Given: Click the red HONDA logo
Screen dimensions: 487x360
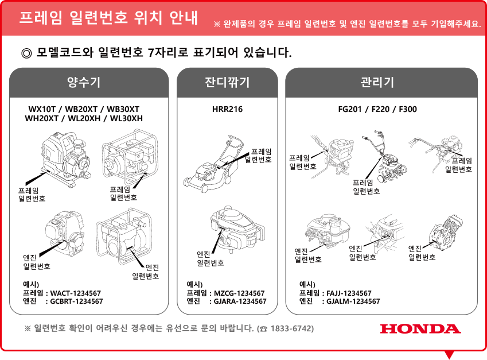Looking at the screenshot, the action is tap(420, 328).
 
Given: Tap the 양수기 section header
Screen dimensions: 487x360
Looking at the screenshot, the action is tap(84, 82).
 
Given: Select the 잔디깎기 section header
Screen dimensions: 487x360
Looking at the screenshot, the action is tap(227, 82).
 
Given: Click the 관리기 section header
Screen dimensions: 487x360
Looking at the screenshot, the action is tap(377, 82).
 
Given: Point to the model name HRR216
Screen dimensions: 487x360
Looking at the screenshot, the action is tap(227, 110).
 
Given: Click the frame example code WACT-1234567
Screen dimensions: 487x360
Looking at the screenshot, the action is tap(76, 293).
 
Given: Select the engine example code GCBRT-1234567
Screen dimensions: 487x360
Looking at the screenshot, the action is tap(76, 301).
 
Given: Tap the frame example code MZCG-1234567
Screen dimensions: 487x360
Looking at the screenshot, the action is tap(239, 293).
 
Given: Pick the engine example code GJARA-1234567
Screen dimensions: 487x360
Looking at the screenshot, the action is tap(240, 301).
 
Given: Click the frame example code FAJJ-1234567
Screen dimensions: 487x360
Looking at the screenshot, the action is tap(349, 293).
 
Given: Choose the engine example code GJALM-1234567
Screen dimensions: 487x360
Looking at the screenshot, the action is tap(353, 301).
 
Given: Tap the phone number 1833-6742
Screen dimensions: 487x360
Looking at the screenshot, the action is tap(291, 328).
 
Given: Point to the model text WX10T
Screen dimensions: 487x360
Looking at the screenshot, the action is tap(42, 110).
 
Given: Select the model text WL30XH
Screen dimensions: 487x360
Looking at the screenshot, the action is tap(126, 118).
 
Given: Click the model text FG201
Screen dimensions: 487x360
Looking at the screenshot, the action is tap(350, 110).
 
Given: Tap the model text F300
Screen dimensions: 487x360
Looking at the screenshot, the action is tap(408, 110).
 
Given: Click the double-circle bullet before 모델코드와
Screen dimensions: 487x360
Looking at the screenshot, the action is tap(26, 53).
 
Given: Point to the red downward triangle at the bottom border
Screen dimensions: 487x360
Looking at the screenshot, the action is tap(449, 355).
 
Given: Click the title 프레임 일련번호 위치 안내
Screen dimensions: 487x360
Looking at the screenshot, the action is tap(108, 17).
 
